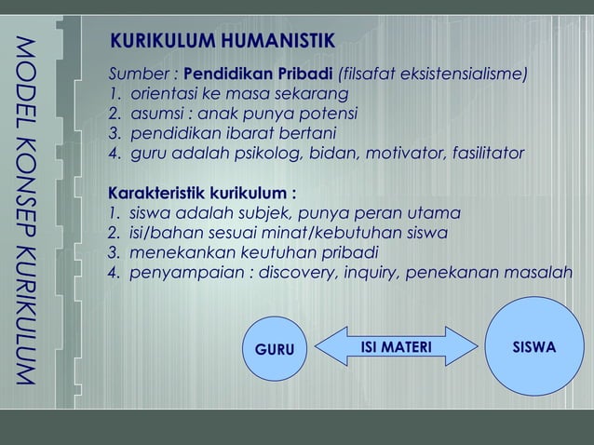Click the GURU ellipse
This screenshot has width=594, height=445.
[x=274, y=350]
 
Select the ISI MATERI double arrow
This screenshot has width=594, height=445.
[x=396, y=348]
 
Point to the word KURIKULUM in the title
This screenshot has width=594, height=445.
[x=158, y=43]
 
